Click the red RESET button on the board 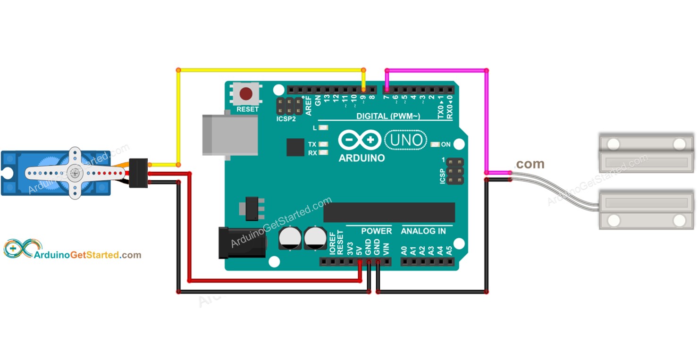(246, 93)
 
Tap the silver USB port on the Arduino (230, 134)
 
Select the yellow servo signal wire (178, 118)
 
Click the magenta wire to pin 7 (486, 118)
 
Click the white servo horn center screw (74, 173)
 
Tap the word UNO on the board (406, 140)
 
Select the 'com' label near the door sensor (530, 164)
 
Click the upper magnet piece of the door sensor (646, 152)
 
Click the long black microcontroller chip (389, 212)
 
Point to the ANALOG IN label (423, 231)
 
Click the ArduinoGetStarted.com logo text (88, 255)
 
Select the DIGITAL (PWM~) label (388, 116)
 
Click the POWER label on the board (376, 231)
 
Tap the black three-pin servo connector (139, 173)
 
